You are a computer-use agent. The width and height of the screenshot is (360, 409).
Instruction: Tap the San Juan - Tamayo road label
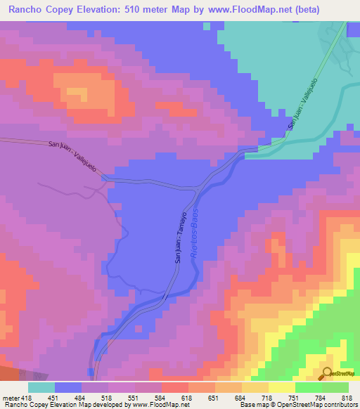tap(179, 236)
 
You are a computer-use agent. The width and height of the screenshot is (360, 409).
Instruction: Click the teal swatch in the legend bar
tap(41, 387)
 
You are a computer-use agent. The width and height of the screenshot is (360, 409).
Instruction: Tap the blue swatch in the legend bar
tap(68, 387)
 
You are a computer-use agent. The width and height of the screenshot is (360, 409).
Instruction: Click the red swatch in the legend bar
tap(175, 387)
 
